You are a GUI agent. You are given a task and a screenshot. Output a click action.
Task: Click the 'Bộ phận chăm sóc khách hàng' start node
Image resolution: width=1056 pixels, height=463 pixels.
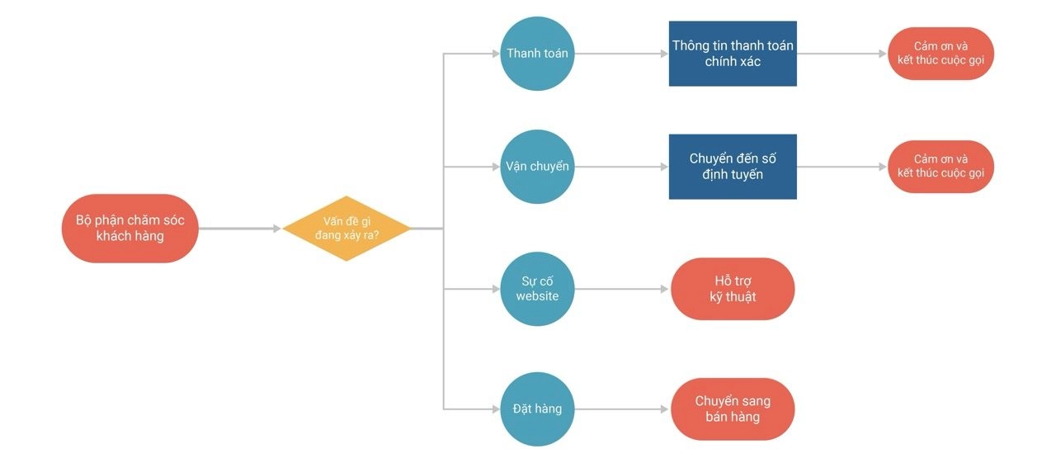[130, 229]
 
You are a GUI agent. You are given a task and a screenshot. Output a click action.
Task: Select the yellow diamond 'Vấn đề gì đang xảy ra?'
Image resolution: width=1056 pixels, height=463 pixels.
[346, 229]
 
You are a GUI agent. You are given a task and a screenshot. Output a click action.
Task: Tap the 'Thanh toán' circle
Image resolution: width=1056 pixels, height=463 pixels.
[537, 54]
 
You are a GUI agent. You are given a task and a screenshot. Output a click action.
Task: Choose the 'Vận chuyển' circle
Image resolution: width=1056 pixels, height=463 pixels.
[537, 167]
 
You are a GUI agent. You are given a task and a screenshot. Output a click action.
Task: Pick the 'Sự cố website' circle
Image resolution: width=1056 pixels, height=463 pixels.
[537, 289]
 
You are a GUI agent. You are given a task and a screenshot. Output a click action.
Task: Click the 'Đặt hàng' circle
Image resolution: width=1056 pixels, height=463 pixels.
[537, 409]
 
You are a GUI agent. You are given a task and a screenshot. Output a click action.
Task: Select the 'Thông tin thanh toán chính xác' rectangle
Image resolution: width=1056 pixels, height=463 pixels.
[733, 54]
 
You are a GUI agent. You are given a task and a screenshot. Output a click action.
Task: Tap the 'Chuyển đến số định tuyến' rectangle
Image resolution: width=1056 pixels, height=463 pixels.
[733, 167]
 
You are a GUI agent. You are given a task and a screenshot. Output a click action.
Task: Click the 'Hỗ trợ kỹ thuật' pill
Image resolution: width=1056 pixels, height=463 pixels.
[733, 289]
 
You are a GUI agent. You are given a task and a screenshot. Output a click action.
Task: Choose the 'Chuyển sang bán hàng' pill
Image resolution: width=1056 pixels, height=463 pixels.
[733, 409]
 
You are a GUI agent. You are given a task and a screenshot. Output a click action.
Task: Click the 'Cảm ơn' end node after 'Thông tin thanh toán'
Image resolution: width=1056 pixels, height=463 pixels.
[940, 54]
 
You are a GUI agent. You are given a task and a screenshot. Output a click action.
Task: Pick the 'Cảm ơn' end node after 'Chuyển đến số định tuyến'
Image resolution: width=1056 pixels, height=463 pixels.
[940, 167]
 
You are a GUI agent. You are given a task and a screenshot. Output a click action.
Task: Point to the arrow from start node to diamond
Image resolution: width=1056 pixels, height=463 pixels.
[240, 229]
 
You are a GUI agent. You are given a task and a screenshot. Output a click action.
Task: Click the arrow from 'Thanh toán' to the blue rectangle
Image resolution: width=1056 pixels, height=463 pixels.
[622, 54]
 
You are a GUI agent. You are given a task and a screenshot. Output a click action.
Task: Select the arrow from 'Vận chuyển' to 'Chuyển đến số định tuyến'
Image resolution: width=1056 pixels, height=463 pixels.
[622, 167]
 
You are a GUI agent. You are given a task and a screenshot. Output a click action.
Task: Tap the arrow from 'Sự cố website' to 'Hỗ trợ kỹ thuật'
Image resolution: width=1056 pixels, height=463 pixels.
[622, 289]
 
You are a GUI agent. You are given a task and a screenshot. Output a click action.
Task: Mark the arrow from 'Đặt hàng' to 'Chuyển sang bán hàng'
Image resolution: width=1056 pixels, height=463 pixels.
[622, 409]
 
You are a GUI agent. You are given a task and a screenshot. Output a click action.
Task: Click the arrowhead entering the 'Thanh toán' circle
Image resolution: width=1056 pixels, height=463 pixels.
[496, 54]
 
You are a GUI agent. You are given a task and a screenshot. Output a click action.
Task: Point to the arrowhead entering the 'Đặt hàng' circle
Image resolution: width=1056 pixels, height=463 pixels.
[496, 409]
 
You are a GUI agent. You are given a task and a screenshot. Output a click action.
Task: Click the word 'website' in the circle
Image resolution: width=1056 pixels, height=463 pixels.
[537, 296]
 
